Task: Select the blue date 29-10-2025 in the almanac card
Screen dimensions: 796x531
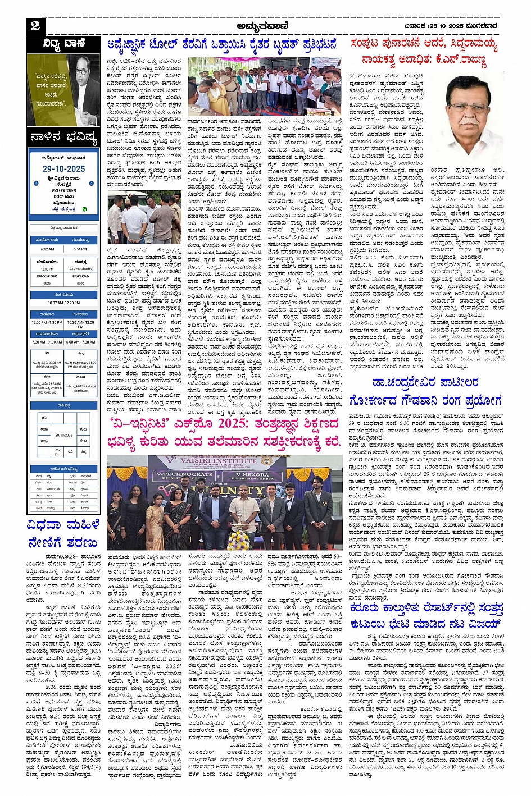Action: coord(63,168)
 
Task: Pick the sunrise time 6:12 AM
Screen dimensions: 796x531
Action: coord(47,249)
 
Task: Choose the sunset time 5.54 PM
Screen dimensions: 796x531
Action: coord(80,249)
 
